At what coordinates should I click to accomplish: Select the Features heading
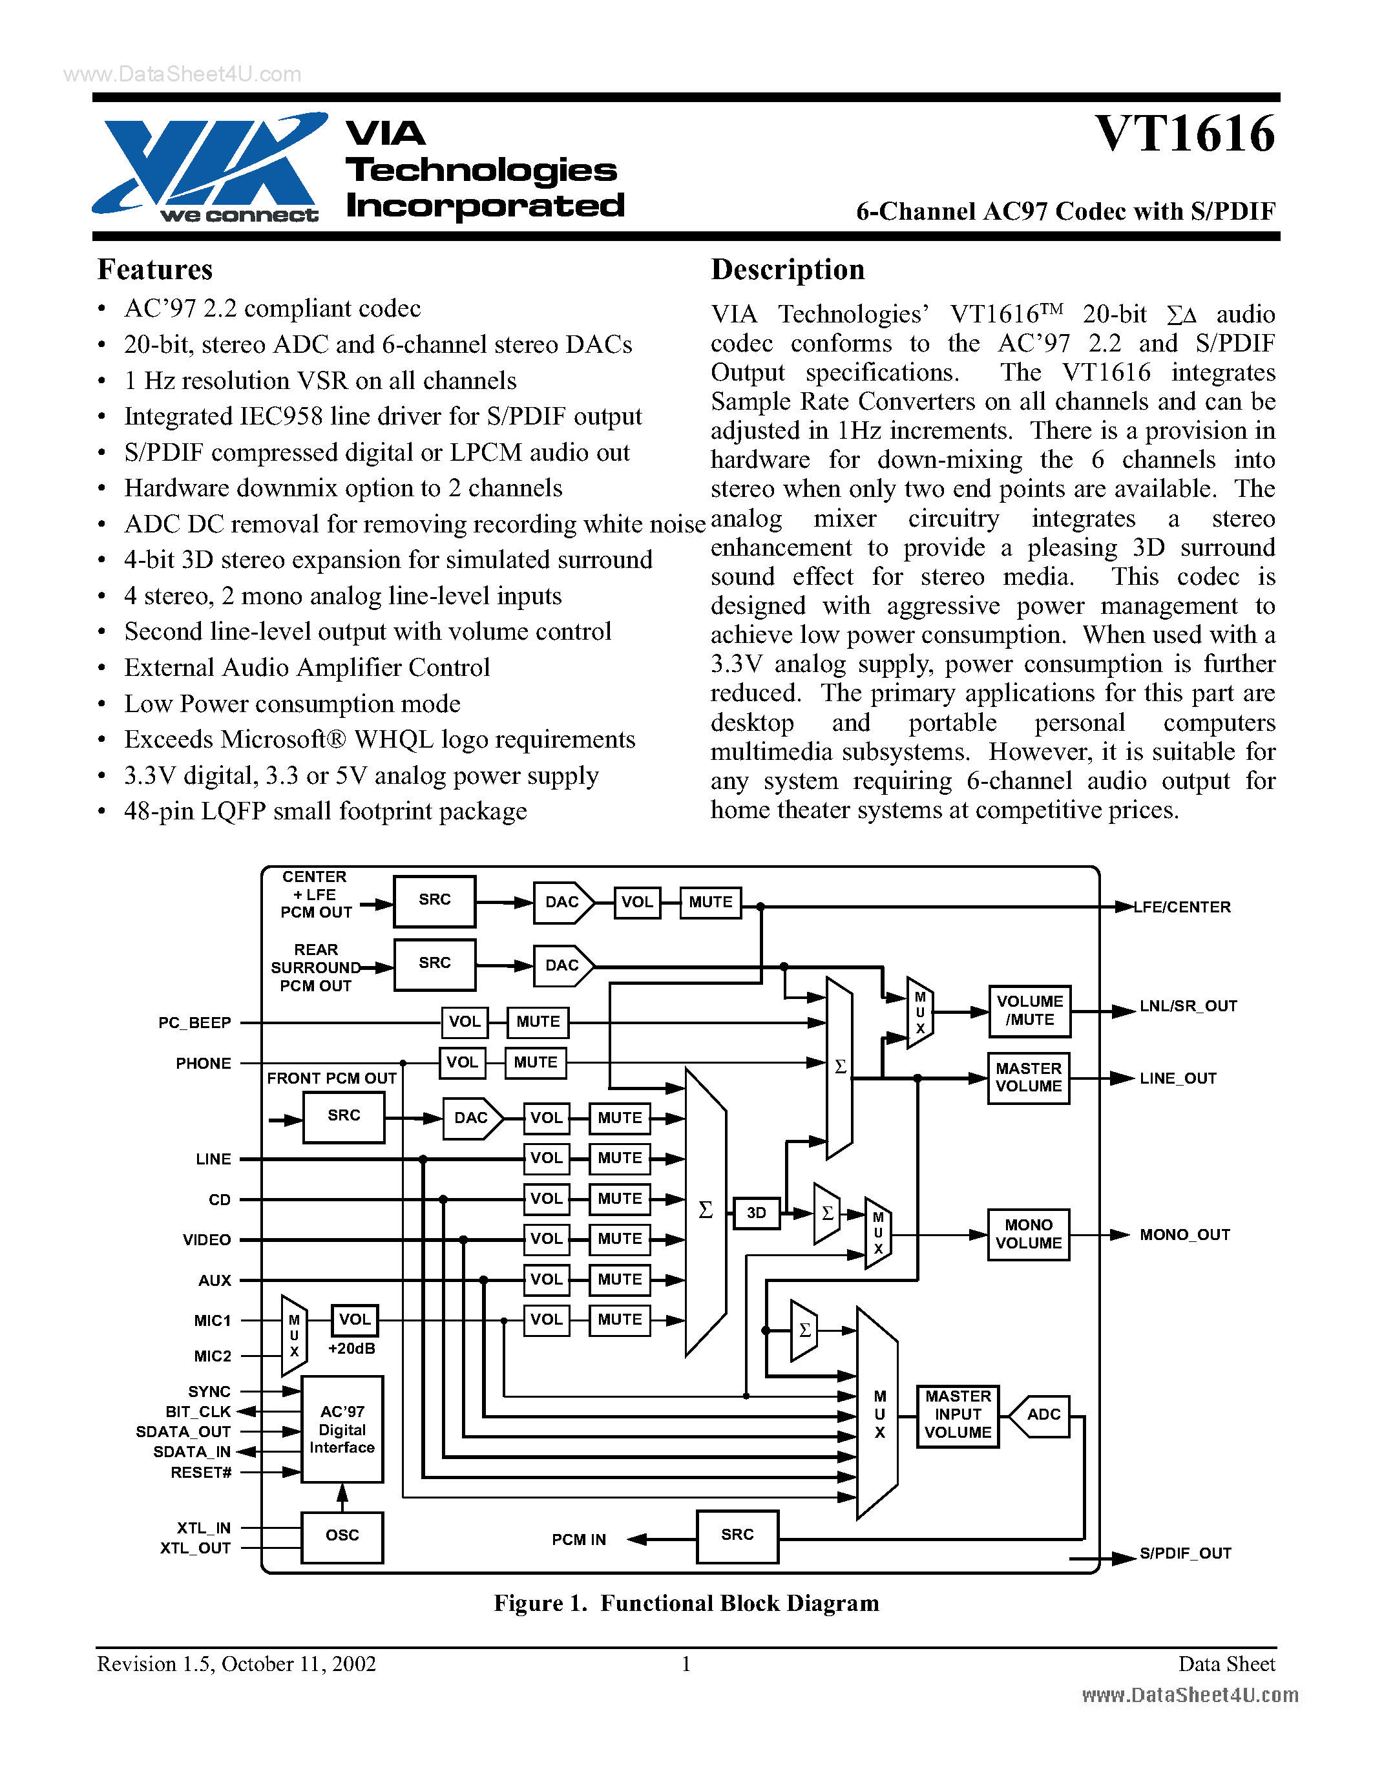point(154,269)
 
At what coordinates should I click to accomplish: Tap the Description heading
point(788,269)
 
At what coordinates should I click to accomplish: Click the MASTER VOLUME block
point(1028,1077)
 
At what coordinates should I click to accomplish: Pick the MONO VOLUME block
point(1028,1234)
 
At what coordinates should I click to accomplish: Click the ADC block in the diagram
point(1043,1414)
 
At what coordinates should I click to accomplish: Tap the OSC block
point(342,1535)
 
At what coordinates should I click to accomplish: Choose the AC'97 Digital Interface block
point(342,1429)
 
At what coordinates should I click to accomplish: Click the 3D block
point(756,1212)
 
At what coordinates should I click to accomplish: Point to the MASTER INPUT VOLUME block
point(958,1414)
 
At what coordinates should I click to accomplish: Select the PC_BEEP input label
point(194,1022)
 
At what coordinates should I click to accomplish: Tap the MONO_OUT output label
point(1184,1234)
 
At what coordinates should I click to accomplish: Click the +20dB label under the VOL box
point(351,1348)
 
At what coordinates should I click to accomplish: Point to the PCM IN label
point(578,1539)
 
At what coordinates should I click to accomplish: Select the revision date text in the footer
point(236,1664)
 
